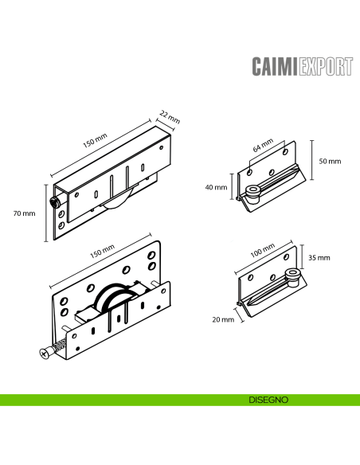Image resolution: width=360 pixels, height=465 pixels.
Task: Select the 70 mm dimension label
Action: tap(25, 213)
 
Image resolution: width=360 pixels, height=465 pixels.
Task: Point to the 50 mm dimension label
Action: tap(329, 161)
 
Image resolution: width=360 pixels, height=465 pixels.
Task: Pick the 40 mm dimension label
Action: tap(216, 189)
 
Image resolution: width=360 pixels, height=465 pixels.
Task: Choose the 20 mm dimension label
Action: tap(223, 319)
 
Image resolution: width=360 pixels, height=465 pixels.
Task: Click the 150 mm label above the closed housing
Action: tap(96, 141)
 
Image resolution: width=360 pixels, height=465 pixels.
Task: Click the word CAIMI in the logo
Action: tap(274, 65)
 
